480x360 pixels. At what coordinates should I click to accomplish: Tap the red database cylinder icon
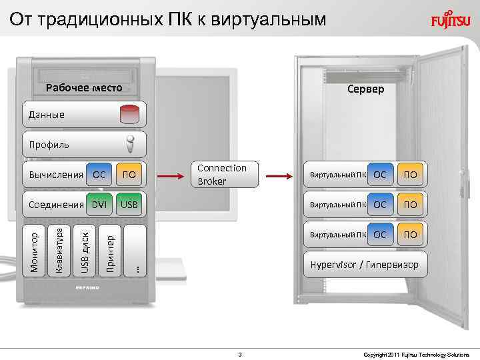[131, 114]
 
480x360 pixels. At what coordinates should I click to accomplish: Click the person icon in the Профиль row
[131, 144]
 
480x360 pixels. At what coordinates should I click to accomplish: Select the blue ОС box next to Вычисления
[99, 175]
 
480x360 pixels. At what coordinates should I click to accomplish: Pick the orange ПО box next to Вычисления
[130, 175]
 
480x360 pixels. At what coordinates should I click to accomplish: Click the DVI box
[99, 205]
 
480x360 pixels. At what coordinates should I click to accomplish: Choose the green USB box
[129, 205]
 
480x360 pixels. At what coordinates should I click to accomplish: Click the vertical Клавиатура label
[59, 249]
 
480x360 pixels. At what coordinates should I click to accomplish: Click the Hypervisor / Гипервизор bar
[365, 265]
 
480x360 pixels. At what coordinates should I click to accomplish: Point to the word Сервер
[365, 89]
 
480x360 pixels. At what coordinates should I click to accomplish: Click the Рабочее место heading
[84, 88]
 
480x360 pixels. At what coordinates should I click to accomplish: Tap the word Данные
[47, 115]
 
